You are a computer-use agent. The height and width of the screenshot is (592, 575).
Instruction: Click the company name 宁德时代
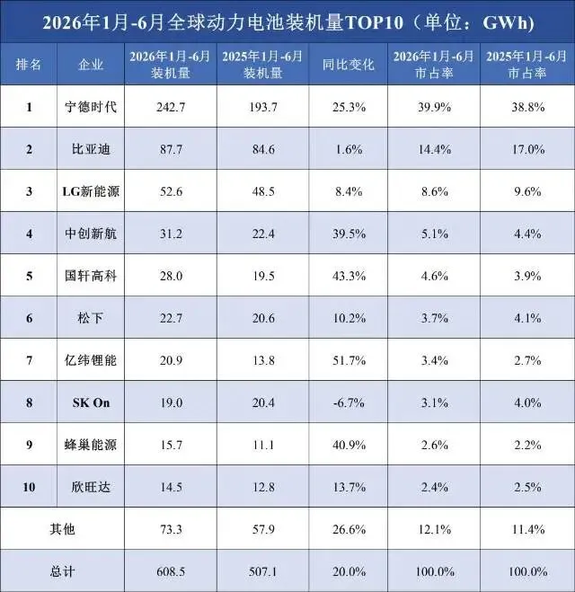tap(91, 107)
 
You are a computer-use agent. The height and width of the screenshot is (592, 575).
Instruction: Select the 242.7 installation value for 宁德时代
tap(171, 108)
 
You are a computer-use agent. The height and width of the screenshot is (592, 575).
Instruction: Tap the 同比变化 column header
tap(348, 65)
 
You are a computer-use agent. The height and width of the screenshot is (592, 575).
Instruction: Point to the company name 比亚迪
tap(91, 149)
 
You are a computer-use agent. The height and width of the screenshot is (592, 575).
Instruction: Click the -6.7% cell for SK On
tap(349, 402)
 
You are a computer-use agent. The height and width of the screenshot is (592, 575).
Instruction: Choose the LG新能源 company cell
tap(91, 191)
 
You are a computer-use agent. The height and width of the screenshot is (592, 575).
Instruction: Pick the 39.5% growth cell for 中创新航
tap(349, 234)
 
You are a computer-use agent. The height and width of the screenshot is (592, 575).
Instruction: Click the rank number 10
tap(29, 487)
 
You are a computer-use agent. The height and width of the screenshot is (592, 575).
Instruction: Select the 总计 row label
tap(62, 571)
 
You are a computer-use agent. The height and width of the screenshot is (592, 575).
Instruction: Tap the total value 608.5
tap(171, 571)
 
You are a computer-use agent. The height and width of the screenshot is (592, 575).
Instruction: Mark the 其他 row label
tap(62, 529)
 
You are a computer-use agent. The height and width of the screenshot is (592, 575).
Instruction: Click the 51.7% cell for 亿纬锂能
tap(349, 360)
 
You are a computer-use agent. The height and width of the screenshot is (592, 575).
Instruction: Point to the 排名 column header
tap(29, 65)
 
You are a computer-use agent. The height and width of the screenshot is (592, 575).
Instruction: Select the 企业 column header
tap(91, 65)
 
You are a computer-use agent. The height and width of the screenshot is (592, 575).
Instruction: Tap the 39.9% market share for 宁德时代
tap(434, 108)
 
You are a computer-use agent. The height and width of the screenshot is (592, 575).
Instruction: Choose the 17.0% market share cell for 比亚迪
tap(527, 149)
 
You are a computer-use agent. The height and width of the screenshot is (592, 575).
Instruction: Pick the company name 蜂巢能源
tap(91, 445)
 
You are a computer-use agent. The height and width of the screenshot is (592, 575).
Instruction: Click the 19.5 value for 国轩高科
tap(263, 276)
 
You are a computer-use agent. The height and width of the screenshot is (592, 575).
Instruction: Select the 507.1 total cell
tap(262, 571)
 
